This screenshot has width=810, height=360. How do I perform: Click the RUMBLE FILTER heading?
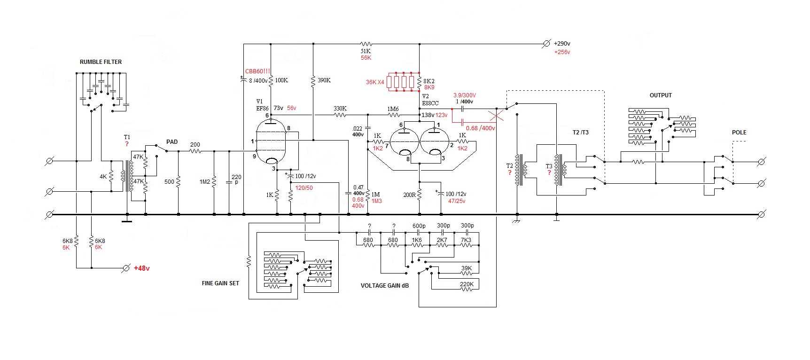pos(101,62)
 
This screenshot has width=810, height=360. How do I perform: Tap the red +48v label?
pos(141,268)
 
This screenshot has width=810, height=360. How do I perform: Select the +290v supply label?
pos(562,44)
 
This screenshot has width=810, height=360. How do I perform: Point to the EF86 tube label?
pos(262,109)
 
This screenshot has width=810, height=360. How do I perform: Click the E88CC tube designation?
pos(430,103)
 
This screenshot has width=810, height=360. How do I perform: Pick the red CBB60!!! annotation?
pos(257,71)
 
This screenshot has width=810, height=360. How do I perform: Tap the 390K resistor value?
pos(324,80)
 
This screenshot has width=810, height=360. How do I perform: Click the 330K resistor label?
pos(340,109)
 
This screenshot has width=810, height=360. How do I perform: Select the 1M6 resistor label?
pos(393,109)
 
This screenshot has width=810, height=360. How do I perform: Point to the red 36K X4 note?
pos(375,82)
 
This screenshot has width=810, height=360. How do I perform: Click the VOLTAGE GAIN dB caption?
pos(384,286)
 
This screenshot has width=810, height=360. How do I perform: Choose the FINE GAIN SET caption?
pos(220,283)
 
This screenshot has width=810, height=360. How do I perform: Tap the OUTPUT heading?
pos(661,95)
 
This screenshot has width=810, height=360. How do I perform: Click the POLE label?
pos(739,133)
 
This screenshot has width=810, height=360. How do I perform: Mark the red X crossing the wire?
pos(497,116)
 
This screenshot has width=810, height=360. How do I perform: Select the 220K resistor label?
pos(467,284)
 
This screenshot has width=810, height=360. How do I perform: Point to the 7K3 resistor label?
pos(466,240)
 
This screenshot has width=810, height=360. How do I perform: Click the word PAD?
pos(172,142)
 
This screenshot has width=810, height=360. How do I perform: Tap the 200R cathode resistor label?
pos(409,195)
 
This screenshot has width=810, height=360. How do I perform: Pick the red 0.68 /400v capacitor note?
pos(480,128)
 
